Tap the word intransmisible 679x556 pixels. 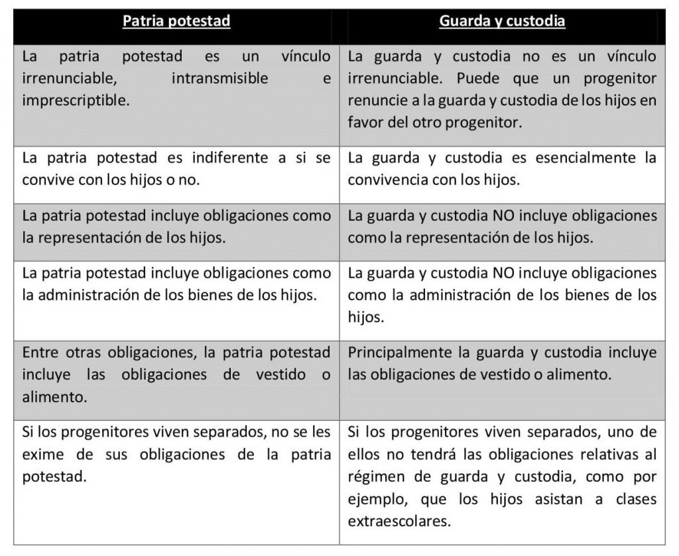(219, 78)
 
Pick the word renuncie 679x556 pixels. (373, 100)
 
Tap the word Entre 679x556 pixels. (38, 352)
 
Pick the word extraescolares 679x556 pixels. (395, 520)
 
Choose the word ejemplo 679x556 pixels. (373, 498)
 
